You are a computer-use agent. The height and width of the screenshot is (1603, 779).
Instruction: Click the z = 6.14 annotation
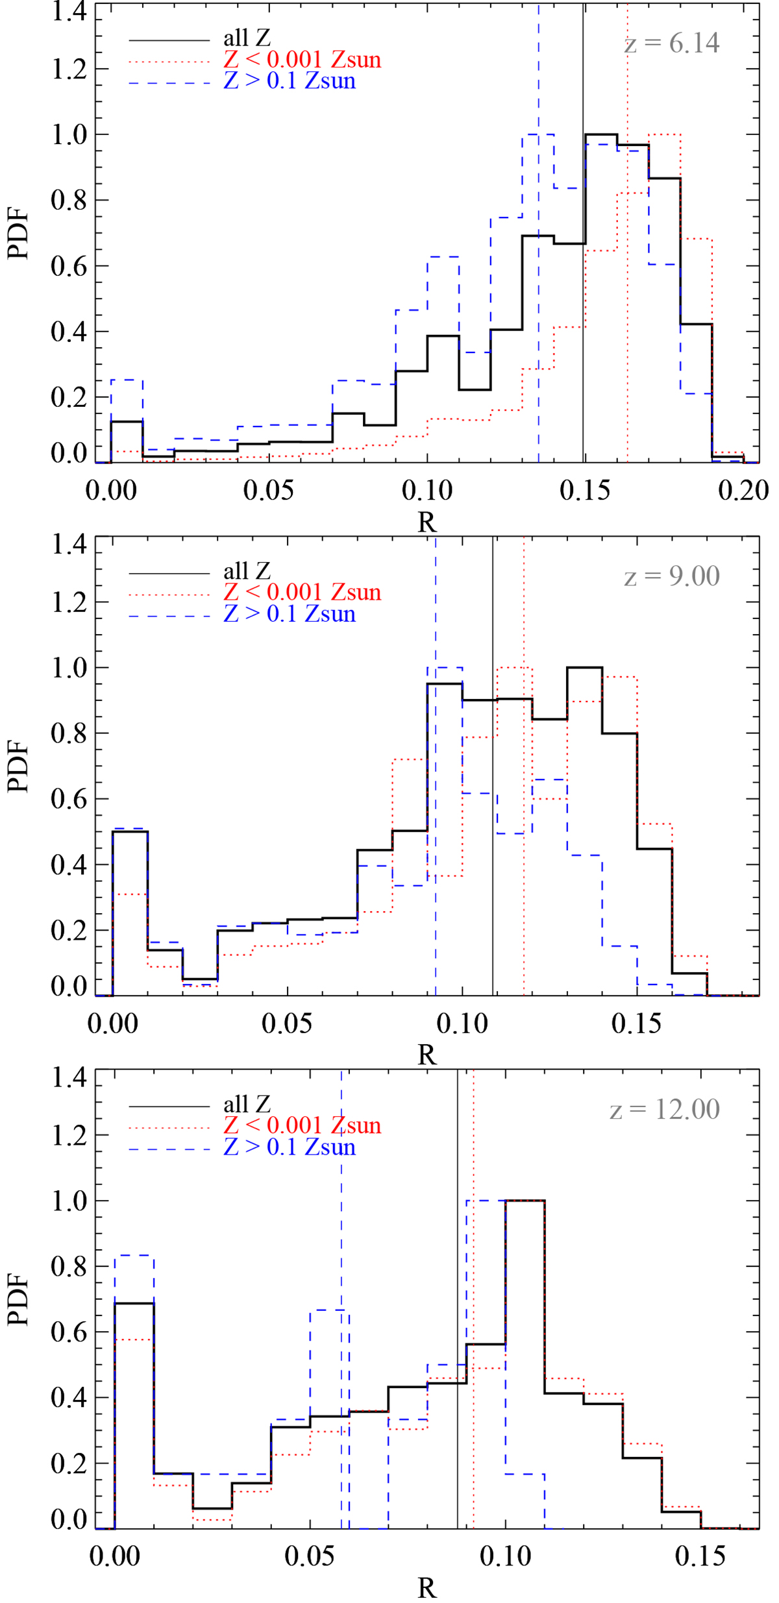672,43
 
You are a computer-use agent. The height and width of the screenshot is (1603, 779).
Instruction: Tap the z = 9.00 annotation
672,576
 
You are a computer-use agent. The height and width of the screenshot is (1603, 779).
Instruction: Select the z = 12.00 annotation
665,1109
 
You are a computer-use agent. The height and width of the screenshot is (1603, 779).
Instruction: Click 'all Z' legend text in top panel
247,38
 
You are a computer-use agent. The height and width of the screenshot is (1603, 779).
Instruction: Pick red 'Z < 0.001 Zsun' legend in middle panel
302,592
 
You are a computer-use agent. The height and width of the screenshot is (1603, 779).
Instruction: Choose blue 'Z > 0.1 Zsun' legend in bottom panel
290,1147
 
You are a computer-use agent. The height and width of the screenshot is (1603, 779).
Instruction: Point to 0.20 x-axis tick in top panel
743,491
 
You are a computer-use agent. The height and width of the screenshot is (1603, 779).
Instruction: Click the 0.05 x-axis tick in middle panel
287,1023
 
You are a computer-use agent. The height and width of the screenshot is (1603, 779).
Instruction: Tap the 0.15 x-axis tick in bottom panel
700,1556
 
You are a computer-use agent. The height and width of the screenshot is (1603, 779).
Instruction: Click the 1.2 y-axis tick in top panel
69,69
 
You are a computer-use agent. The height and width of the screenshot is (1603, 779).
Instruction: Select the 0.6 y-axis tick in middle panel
69,799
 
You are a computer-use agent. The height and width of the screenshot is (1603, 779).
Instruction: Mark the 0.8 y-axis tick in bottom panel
69,1266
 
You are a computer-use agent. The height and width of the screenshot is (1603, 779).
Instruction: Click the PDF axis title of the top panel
18,234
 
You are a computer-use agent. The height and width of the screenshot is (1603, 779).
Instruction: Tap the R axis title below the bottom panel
427,1588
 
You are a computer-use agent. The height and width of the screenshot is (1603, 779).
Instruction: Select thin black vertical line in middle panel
493,844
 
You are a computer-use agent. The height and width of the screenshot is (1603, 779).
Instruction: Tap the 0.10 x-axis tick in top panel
427,491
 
